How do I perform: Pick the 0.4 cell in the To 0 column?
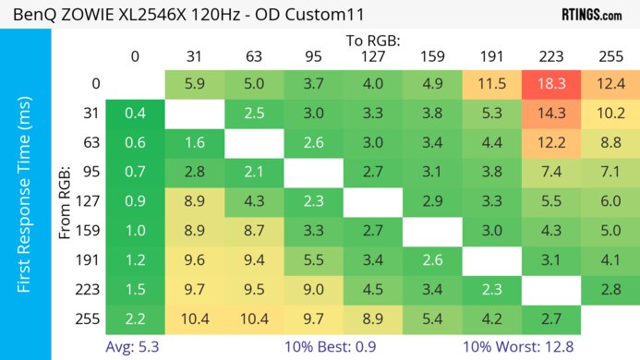coord(135,114)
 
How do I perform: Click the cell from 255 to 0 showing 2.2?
coord(135,319)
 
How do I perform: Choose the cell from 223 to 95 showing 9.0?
coord(313,291)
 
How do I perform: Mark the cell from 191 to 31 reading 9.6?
coord(195,261)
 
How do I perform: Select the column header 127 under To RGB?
coord(372,56)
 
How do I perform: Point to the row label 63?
coord(90,143)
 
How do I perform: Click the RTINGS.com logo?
coord(591,14)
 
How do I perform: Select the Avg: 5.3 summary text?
coord(135,347)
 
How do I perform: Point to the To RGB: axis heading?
coord(372,41)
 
